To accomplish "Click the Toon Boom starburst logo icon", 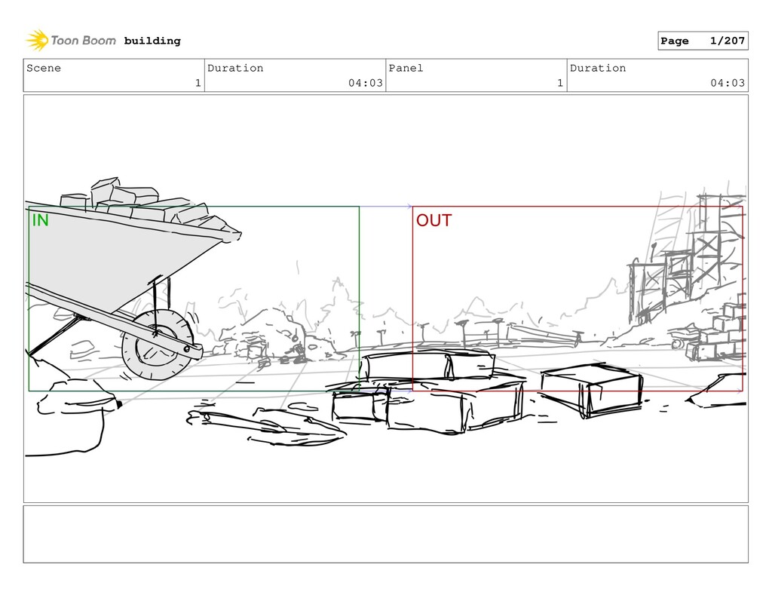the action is point(37,40).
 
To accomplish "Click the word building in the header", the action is point(152,41).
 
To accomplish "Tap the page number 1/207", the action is point(728,41).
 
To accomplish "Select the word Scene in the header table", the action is point(44,68).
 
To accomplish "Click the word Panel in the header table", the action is point(406,68).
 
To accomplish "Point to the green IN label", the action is point(41,220).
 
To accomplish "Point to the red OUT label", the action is point(433,220).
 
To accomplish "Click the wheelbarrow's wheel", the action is point(158,345).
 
